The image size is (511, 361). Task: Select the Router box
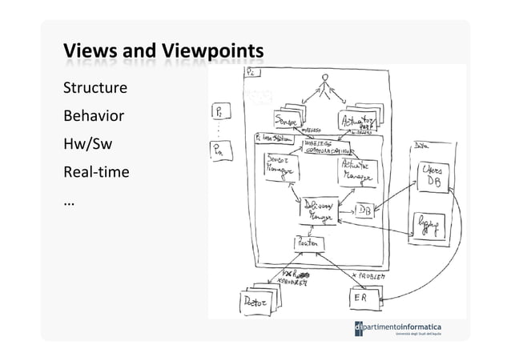click(x=309, y=242)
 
